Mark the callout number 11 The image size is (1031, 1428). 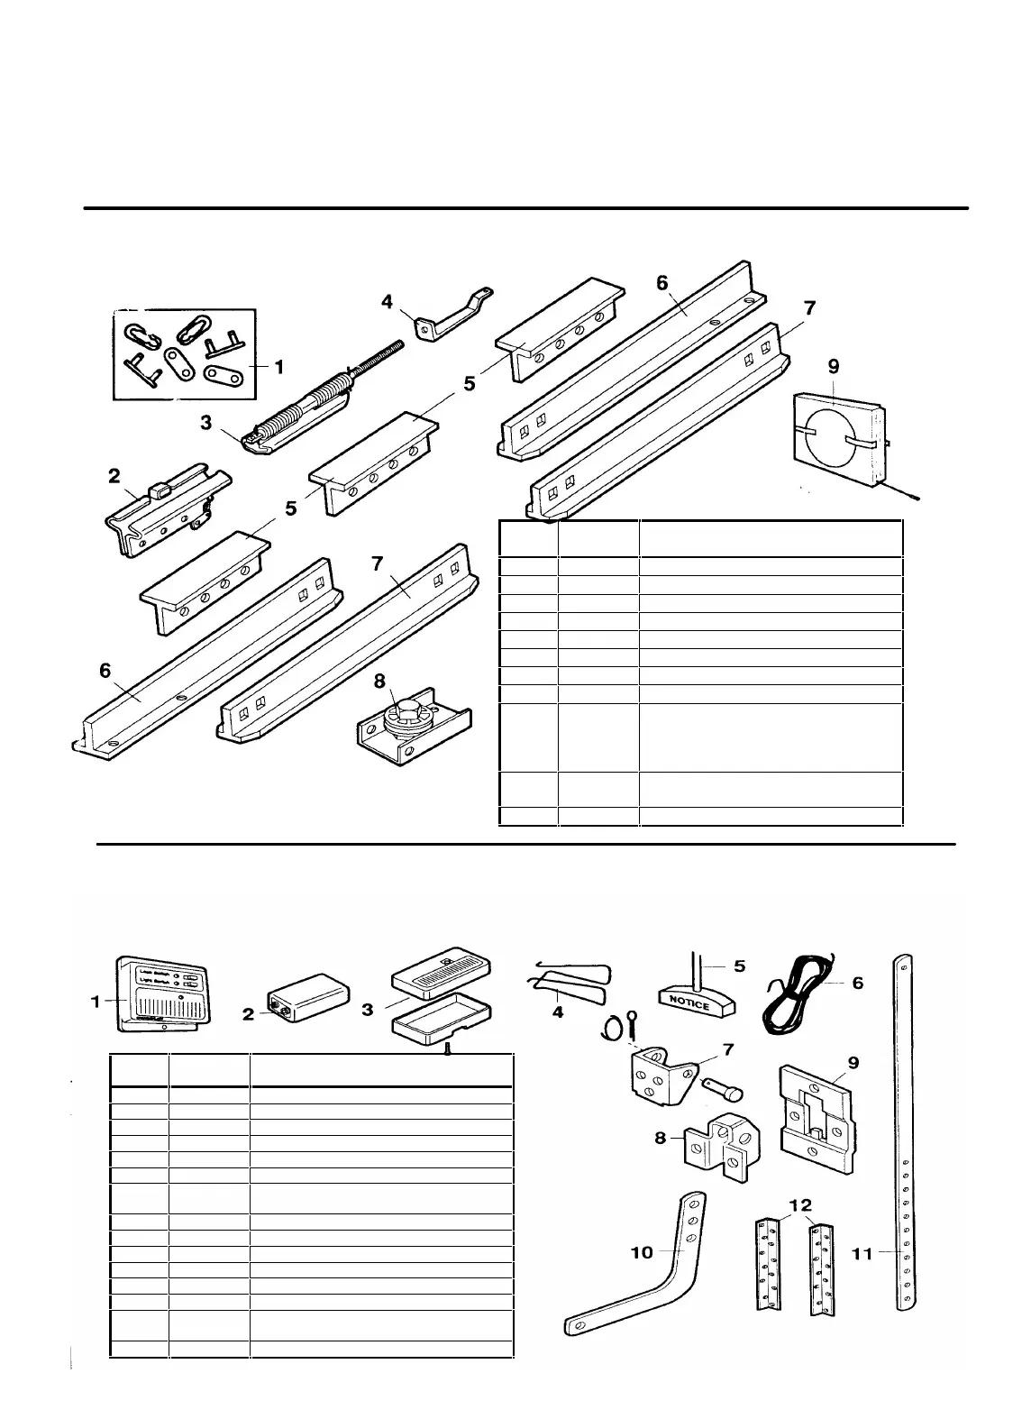(863, 1252)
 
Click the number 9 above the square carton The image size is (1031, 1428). (834, 366)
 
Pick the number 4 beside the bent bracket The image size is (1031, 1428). (388, 301)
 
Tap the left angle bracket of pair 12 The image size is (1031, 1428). (768, 1262)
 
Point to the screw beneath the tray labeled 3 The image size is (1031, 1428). (448, 1048)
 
